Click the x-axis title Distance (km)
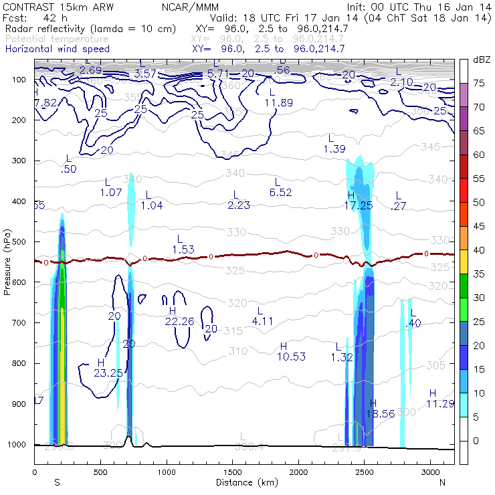244,482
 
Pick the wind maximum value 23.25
108,373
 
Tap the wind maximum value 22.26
179,321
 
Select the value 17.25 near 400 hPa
358,205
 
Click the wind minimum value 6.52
281,192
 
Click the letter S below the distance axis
57,482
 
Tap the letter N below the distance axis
442,482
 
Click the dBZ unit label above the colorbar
480,60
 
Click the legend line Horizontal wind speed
57,49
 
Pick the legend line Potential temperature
57,39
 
